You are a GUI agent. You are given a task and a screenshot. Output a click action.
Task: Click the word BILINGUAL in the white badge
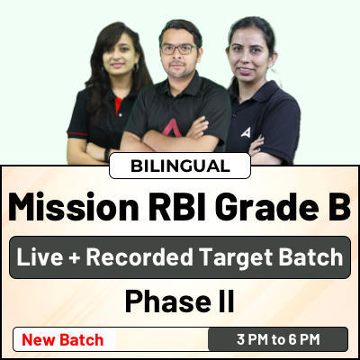pos(180,166)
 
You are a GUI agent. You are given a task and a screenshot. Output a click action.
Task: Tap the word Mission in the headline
pos(73,207)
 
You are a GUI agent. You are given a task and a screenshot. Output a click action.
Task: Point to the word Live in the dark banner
pos(40,257)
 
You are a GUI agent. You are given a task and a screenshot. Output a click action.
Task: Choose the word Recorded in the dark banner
pos(139,257)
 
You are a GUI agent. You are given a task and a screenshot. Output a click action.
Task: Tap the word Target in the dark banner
pos(236,258)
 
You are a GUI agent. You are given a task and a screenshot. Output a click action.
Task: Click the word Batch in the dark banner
pos(310,257)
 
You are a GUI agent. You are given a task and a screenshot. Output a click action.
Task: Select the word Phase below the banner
pos(168,301)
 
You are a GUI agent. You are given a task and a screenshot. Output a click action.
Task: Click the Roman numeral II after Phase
pos(227,301)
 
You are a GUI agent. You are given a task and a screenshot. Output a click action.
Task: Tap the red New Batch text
pos(63,340)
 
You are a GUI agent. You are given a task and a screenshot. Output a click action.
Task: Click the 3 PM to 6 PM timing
pos(278,339)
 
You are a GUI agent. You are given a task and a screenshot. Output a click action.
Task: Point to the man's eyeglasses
pos(179,49)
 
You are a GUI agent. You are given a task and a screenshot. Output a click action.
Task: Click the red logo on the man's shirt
pos(172,127)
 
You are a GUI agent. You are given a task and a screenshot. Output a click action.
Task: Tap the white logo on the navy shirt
pos(246,132)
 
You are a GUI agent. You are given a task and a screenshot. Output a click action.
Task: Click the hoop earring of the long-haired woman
pos(137,67)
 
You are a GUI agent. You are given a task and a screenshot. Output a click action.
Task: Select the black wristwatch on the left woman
pos(107,155)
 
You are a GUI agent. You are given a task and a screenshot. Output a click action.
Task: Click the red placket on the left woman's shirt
pos(118,106)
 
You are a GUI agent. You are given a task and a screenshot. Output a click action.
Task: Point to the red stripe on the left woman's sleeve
pos(78,134)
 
